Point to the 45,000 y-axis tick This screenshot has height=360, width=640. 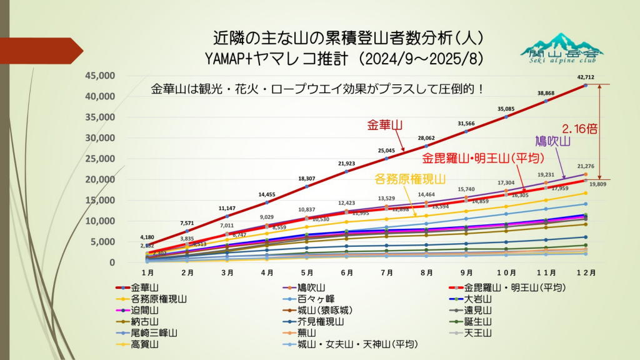100,76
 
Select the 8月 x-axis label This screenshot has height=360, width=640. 427,273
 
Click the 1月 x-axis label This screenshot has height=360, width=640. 148,273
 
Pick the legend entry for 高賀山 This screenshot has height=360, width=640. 144,344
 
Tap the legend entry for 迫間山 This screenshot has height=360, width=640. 144,310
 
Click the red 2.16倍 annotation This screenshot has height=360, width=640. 579,129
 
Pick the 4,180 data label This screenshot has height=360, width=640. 147,237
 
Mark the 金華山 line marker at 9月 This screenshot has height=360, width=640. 466,131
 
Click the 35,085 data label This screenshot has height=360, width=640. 506,109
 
